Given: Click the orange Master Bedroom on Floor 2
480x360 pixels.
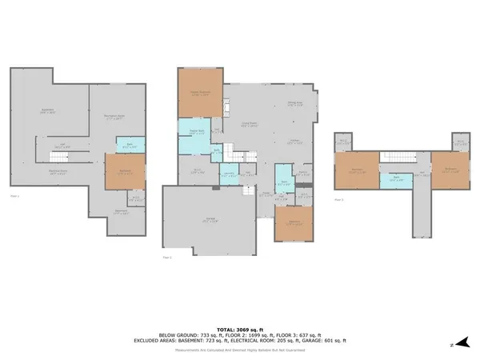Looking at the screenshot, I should coord(199,94).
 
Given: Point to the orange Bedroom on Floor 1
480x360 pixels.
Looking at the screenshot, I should coord(125,171).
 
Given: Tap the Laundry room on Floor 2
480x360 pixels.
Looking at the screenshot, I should coord(228,174).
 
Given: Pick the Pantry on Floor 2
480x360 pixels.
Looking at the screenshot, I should coord(303,173).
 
